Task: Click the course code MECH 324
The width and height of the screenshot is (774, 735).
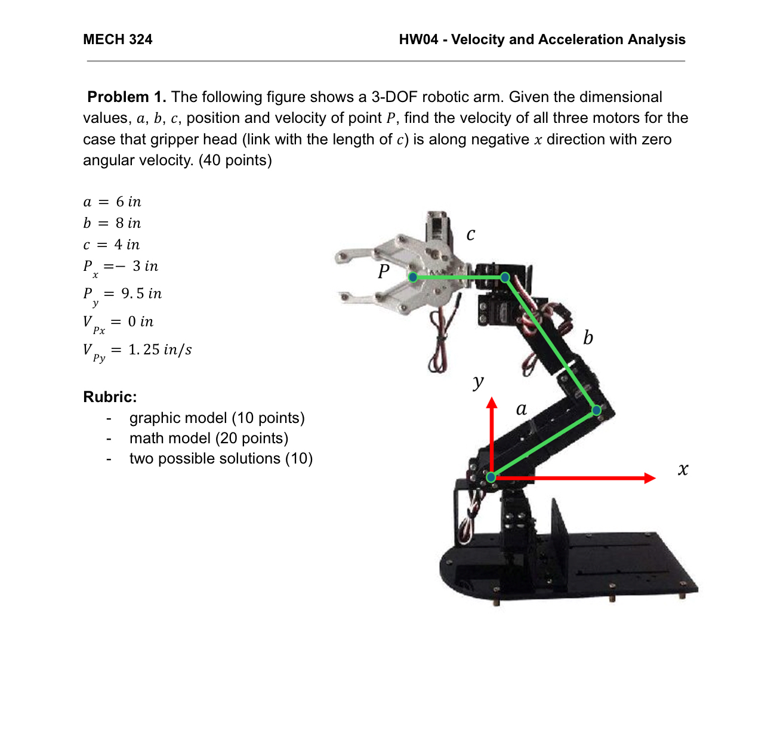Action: [x=118, y=39]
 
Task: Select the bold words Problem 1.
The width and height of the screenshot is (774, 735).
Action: [x=127, y=97]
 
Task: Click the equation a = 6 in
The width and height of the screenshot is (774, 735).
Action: [x=112, y=202]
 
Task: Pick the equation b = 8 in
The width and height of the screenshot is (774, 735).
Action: [x=112, y=223]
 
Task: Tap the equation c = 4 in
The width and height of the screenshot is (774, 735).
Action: [x=112, y=245]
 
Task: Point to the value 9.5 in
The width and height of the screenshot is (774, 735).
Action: [x=141, y=294]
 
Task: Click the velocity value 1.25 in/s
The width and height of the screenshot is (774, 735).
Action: [x=160, y=350]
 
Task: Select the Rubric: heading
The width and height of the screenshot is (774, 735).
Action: [x=110, y=397]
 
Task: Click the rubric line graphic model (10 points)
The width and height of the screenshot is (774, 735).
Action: [x=217, y=418]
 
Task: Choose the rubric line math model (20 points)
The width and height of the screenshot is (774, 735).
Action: [x=209, y=438]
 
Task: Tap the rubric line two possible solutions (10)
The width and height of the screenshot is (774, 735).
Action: [x=221, y=458]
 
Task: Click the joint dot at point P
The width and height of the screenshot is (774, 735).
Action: [x=412, y=277]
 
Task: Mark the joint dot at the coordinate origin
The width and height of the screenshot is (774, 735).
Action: [x=491, y=477]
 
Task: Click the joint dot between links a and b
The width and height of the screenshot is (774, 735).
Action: [x=596, y=410]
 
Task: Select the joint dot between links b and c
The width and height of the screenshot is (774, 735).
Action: [x=505, y=277]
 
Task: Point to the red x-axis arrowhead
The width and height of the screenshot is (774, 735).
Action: [x=650, y=478]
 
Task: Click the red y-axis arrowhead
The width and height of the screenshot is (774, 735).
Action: [x=492, y=403]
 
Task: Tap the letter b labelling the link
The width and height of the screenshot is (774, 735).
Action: [x=588, y=338]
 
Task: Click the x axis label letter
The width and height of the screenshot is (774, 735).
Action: [x=683, y=470]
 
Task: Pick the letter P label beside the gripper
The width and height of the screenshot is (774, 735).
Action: [x=384, y=271]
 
